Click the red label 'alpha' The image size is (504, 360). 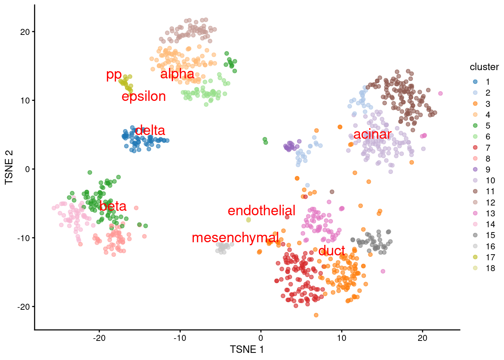point(177,74)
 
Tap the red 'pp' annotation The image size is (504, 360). point(114,75)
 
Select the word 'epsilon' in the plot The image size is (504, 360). point(144,96)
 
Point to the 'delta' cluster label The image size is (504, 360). point(150,130)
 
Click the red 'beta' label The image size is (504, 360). point(113,206)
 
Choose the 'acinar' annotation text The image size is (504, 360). point(372,134)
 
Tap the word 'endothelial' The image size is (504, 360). point(261,210)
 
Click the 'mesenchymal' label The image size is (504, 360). point(235,237)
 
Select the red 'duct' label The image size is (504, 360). point(331,250)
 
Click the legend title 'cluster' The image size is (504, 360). point(484,67)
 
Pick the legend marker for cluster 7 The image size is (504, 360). point(475,148)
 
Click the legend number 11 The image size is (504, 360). point(490,192)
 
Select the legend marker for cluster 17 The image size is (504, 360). point(475,257)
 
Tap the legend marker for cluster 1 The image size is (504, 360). point(475,82)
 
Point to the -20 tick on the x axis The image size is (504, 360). point(99,337)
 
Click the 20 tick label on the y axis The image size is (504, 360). point(25,32)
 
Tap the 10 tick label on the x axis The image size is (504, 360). point(341,337)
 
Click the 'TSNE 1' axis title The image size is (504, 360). point(247,349)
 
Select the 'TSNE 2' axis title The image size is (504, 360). point(9,167)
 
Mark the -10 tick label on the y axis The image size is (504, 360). point(23,238)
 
